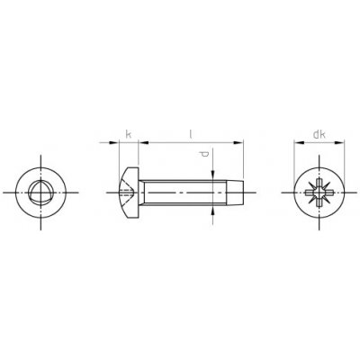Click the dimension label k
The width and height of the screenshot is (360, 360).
click(x=128, y=134)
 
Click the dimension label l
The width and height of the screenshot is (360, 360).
click(x=190, y=134)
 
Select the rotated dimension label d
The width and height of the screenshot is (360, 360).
click(x=204, y=154)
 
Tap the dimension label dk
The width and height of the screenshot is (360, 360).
click(x=319, y=135)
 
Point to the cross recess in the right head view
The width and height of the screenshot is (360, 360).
click(x=319, y=193)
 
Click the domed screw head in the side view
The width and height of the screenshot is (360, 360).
click(x=129, y=193)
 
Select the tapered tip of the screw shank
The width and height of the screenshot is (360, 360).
click(x=236, y=193)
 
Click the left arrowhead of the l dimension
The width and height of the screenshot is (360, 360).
click(x=144, y=143)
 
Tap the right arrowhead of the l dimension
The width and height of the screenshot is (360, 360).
click(x=238, y=143)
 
